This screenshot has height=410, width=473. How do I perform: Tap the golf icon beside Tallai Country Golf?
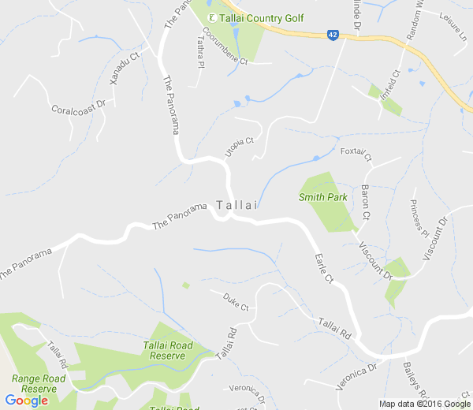(211, 18)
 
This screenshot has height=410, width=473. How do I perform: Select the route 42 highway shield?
(334, 35)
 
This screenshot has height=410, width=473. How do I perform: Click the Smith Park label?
(323, 197)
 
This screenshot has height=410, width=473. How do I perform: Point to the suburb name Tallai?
(238, 205)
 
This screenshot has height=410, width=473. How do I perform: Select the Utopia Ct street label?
(239, 147)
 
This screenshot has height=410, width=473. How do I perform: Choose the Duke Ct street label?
(235, 302)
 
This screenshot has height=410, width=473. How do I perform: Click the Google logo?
(26, 401)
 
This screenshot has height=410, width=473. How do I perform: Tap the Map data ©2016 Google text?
(424, 404)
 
